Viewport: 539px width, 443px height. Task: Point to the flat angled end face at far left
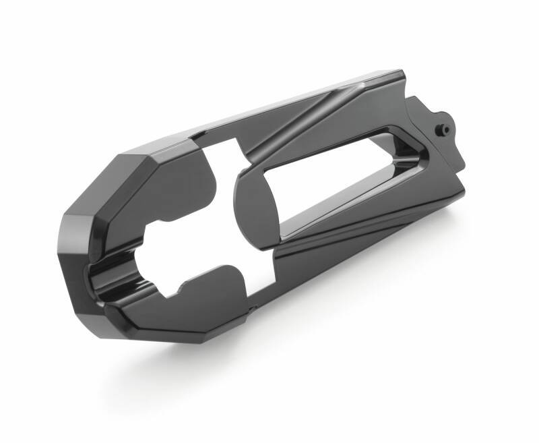(x=81, y=236)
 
